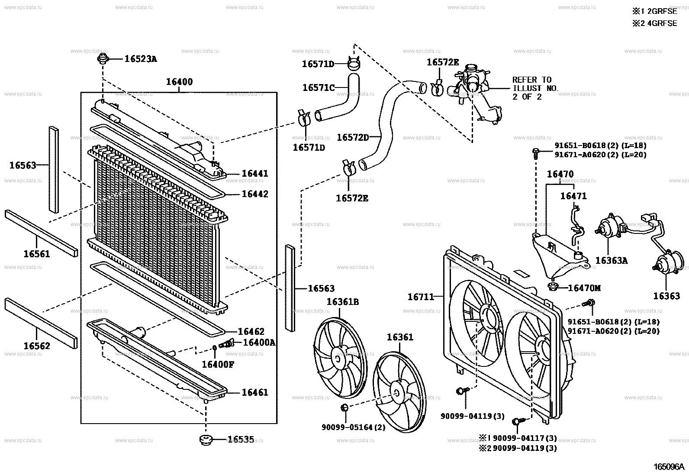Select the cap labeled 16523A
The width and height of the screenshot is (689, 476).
(103, 59)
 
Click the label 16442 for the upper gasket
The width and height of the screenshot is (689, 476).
(254, 194)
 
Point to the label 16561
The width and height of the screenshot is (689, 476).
(36, 254)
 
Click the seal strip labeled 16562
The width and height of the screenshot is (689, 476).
(41, 319)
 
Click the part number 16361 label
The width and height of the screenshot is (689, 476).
(400, 337)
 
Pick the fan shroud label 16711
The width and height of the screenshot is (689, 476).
(421, 297)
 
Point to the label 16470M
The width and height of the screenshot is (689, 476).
(584, 288)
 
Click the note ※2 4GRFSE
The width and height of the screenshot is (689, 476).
(654, 23)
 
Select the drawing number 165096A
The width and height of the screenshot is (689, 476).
(669, 467)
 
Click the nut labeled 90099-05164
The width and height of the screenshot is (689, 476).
(345, 407)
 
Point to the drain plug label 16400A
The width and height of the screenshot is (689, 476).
(259, 343)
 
